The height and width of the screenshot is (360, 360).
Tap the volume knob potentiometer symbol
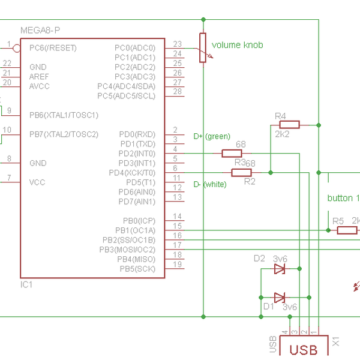pos(203,47)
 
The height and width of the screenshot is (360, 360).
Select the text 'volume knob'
pos(237,45)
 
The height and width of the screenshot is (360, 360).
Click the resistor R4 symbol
pos(289,125)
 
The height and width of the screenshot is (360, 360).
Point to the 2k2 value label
pos(282,134)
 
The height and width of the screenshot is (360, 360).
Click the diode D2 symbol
pos(280,269)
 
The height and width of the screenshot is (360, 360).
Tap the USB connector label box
pos(304,349)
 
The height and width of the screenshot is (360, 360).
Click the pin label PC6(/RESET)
pos(53,47)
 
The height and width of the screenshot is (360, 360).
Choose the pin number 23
pos(177,44)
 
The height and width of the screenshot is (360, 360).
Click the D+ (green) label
pos(212,137)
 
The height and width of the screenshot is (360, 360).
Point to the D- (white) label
pos(210,184)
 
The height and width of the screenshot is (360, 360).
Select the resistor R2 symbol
pos(241,173)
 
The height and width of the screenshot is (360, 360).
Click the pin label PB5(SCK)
pos(137,268)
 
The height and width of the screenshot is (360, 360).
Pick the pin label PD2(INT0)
pos(137,154)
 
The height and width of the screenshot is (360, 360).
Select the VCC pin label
pos(37,182)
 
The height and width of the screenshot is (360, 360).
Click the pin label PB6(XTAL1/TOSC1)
pos(64,115)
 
